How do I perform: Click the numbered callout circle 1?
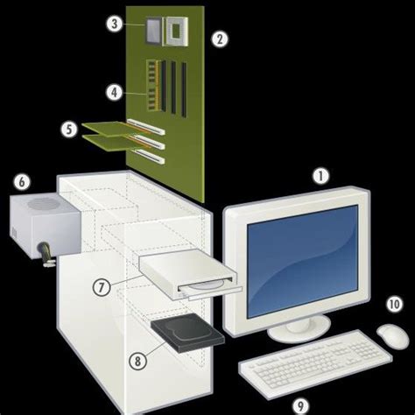point(321,175)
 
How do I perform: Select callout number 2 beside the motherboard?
point(220,38)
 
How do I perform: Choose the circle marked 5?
point(69,129)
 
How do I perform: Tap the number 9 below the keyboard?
point(300,404)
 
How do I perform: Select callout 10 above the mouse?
point(393,306)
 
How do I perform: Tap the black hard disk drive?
point(180,334)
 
